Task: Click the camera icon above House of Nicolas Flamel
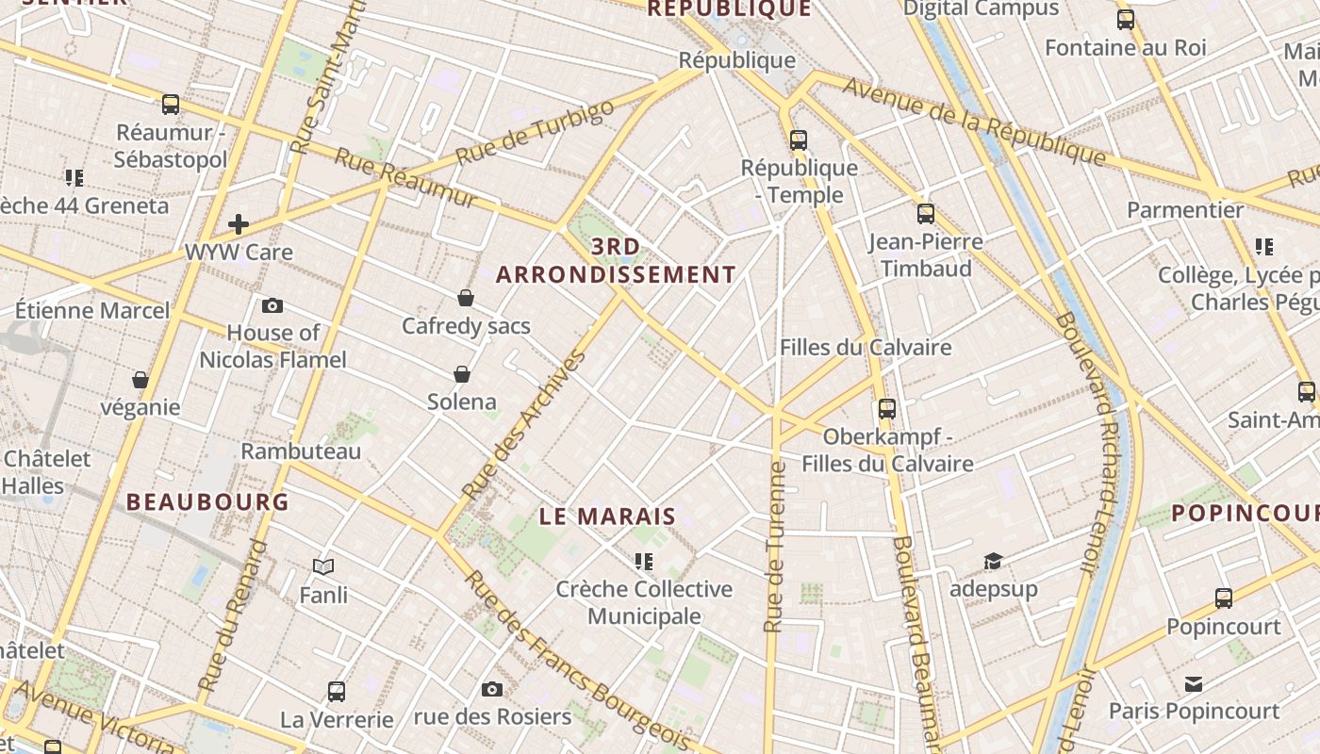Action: point(272,305)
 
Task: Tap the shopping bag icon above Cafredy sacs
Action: point(465,299)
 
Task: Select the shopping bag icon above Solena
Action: point(462,374)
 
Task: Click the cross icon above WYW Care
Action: point(239,224)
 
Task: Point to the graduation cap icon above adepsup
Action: point(993,562)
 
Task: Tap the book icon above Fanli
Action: point(323,566)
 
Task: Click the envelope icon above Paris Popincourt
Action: point(1194,683)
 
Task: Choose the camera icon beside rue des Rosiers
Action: point(491,690)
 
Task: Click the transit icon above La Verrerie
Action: point(337,692)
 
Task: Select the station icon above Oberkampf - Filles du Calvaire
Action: point(887,409)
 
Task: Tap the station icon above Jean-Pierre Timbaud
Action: point(926,214)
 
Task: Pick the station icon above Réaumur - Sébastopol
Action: point(171,105)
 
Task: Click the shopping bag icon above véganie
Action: point(140,380)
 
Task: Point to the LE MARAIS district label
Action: point(608,516)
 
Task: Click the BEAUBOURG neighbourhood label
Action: point(207,501)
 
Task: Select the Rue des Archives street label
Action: point(525,425)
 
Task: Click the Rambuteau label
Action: point(301,451)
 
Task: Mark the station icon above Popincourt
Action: point(1224,598)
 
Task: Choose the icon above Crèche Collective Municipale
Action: point(644,563)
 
